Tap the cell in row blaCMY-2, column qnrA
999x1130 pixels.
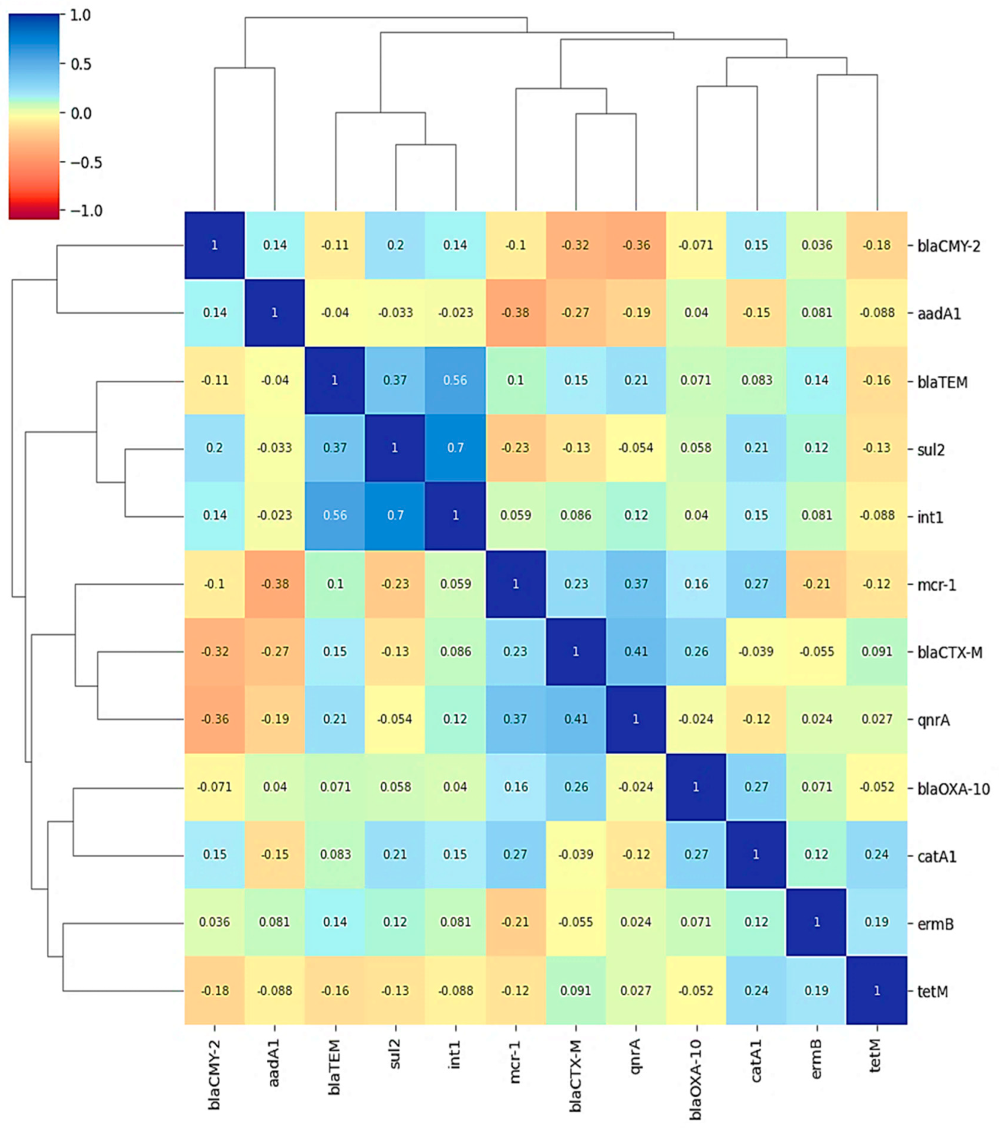coord(636,245)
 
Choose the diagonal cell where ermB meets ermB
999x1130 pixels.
coord(817,922)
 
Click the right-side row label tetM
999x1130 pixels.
coord(933,992)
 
